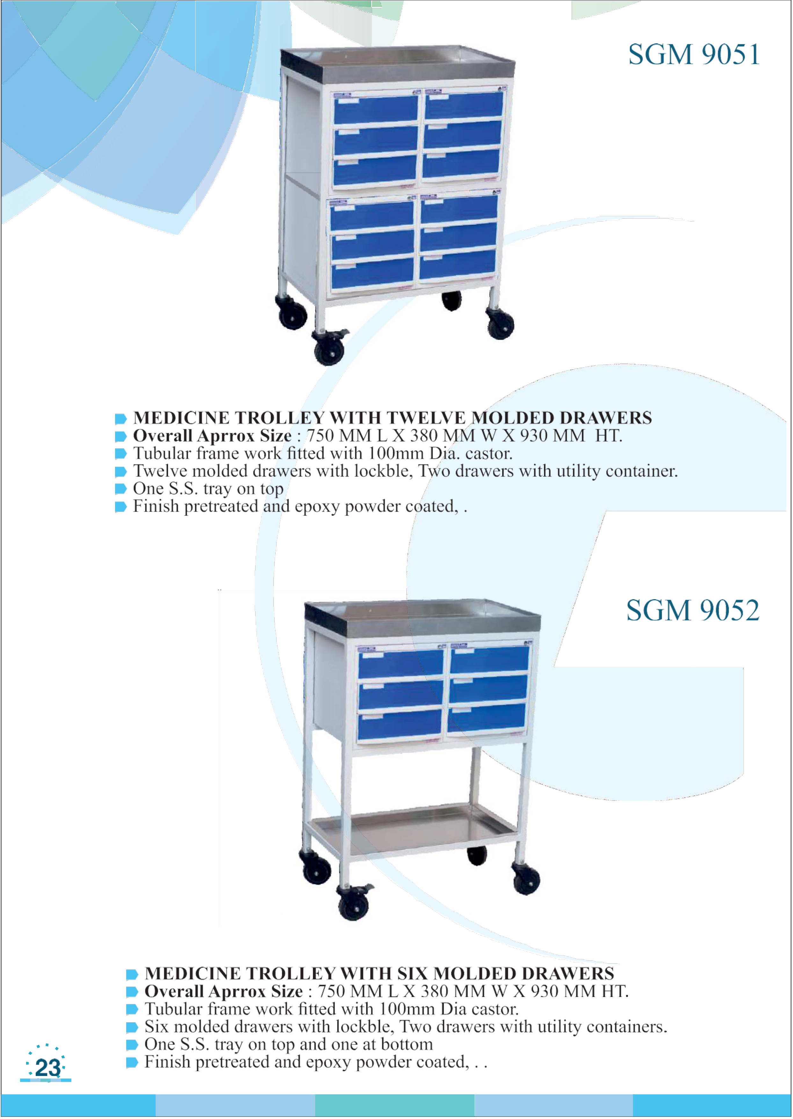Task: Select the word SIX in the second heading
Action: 413,973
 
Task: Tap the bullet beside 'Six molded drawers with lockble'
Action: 132,1027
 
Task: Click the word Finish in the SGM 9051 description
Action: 156,506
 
